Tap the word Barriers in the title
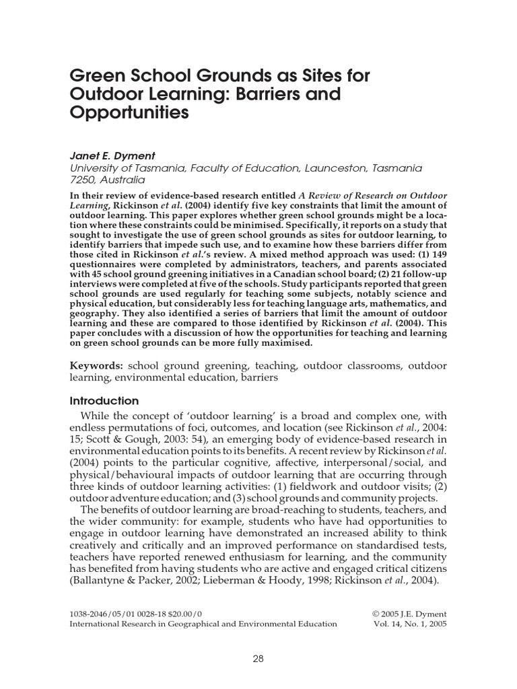click(x=252, y=94)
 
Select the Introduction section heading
click(x=104, y=400)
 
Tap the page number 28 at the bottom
click(x=258, y=659)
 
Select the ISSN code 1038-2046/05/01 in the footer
click(x=108, y=614)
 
